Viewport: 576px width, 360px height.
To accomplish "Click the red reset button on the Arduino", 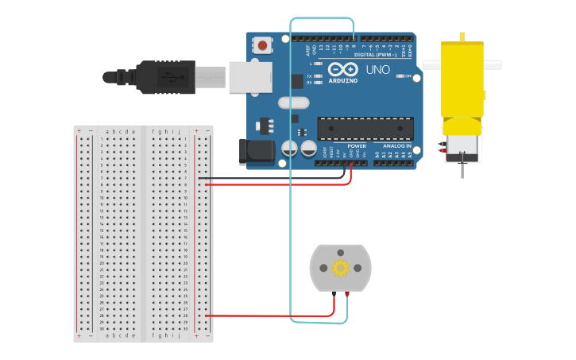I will tap(262, 45).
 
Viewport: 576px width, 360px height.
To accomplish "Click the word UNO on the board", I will tap(378, 70).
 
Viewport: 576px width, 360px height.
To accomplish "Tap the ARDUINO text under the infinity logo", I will tap(343, 80).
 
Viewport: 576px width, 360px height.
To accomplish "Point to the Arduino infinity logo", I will tap(342, 69).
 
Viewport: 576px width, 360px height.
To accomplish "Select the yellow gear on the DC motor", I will tap(341, 268).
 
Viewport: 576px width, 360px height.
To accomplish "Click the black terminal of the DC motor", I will tap(334, 295).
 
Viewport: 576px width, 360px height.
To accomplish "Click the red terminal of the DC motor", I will tap(347, 295).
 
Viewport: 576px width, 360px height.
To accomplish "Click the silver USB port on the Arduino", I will tap(250, 77).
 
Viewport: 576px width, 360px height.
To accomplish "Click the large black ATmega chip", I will tap(365, 128).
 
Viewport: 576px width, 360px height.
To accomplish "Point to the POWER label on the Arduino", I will tap(357, 146).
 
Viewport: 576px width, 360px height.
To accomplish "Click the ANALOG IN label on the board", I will tap(397, 146).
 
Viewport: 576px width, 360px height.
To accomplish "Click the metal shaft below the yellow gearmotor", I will tap(462, 168).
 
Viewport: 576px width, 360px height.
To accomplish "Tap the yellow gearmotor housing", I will tap(462, 79).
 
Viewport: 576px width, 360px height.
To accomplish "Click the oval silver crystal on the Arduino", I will tap(293, 102).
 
